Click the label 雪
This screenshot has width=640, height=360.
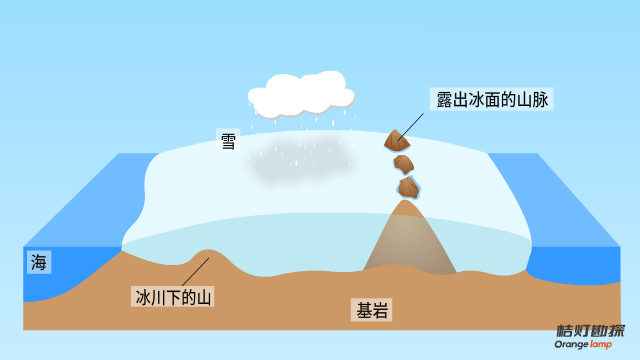pos(229,140)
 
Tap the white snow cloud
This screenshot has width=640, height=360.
pos(300,93)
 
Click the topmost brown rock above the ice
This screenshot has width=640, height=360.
pos(394,141)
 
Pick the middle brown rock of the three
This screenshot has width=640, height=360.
pos(403,164)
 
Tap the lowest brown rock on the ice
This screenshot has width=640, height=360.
pos(407,187)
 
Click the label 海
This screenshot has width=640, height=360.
pos(39,263)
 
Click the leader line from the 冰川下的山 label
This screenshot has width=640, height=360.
pos(194,272)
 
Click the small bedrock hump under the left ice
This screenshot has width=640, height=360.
pos(207,256)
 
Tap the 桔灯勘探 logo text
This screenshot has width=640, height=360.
pos(590,331)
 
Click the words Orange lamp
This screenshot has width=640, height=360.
pos(590,345)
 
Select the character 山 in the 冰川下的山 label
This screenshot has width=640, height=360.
pos(203,296)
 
